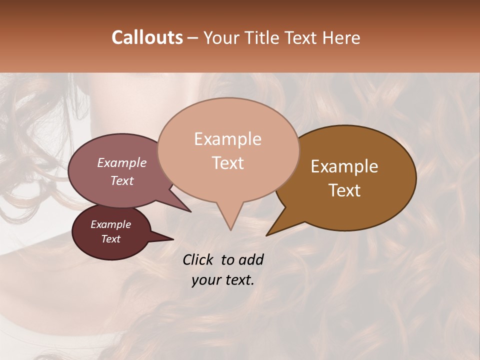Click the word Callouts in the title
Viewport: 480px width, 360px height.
(x=147, y=37)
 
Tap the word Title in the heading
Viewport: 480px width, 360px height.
(x=264, y=37)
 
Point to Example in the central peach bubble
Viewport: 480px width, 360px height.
(x=227, y=139)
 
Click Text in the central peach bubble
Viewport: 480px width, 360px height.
(x=227, y=163)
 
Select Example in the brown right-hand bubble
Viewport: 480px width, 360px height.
(x=344, y=166)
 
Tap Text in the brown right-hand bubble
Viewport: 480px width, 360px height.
(x=345, y=190)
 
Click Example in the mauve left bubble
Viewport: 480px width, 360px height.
(x=122, y=162)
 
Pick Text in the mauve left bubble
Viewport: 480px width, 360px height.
(x=122, y=180)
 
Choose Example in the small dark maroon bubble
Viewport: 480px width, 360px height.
(x=110, y=224)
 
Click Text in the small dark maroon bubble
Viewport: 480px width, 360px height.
(x=110, y=239)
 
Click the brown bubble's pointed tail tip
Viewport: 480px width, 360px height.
(x=266, y=235)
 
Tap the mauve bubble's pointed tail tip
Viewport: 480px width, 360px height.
(x=190, y=211)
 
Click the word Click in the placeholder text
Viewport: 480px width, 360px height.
(x=199, y=260)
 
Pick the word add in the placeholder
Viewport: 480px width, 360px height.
(x=251, y=260)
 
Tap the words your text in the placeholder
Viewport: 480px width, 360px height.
(x=223, y=280)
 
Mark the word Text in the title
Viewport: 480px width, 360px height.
(x=303, y=37)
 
